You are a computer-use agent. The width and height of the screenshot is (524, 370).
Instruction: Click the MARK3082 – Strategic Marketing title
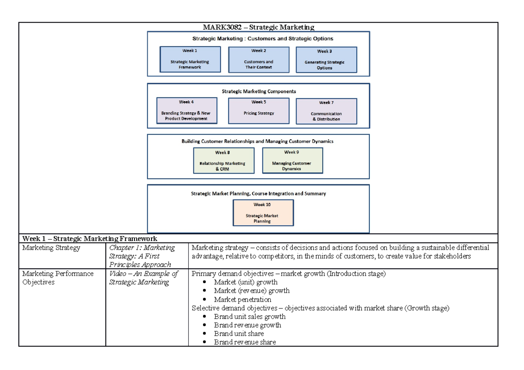(259, 27)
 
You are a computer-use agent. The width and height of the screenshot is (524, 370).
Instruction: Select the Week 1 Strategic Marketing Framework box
(190, 60)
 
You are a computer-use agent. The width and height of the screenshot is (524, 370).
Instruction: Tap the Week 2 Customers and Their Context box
(259, 60)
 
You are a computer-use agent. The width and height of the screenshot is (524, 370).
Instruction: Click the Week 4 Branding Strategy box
(186, 111)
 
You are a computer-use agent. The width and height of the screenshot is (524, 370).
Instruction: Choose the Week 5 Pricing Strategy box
(259, 111)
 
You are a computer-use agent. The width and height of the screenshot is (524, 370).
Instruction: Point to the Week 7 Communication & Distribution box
(326, 112)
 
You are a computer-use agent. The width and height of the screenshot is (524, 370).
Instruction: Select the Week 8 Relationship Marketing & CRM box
(223, 161)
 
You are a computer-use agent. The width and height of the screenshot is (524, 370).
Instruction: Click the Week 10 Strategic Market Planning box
(262, 213)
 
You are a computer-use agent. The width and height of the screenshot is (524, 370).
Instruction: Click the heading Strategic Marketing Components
(259, 92)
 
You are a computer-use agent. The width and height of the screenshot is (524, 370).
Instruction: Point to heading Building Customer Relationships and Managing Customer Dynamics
(258, 141)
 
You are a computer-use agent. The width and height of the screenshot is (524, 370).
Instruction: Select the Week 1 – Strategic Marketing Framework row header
(90, 239)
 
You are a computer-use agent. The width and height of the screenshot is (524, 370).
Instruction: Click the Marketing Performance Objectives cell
(58, 277)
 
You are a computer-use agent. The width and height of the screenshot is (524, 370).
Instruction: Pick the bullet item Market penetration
(242, 299)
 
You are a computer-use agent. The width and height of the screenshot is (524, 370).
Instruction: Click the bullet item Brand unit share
(238, 333)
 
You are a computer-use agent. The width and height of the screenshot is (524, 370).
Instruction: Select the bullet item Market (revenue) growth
(252, 291)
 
